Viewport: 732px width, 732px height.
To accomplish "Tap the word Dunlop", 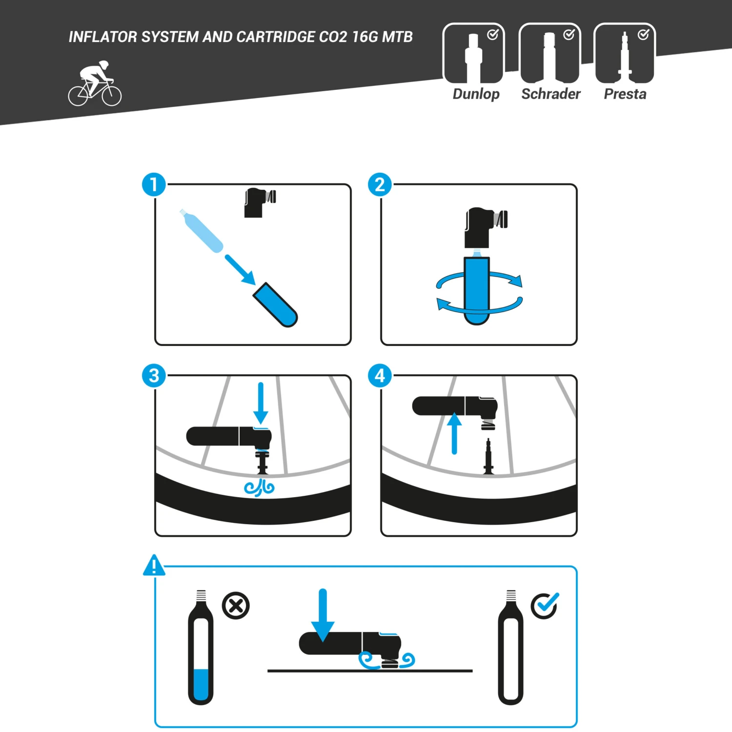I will coord(476,94).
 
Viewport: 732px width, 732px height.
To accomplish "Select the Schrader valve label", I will coord(550,94).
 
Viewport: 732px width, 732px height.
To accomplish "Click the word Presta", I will coord(625,94).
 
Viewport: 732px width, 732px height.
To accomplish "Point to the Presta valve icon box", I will coord(625,54).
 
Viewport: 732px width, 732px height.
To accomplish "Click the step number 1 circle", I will coord(154,185).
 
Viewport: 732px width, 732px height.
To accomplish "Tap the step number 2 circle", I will coord(380,185).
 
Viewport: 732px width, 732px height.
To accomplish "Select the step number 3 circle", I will coord(154,376).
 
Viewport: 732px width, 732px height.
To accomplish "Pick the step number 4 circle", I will coord(380,376).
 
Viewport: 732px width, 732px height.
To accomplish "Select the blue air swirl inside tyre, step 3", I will coord(260,487).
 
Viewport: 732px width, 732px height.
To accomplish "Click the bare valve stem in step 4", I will coord(488,457).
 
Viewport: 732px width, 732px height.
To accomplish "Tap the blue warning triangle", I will coord(154,566).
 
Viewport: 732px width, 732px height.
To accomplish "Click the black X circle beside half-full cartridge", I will coord(236,606).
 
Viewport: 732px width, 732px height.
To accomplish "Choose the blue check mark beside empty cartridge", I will coord(545,606).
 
